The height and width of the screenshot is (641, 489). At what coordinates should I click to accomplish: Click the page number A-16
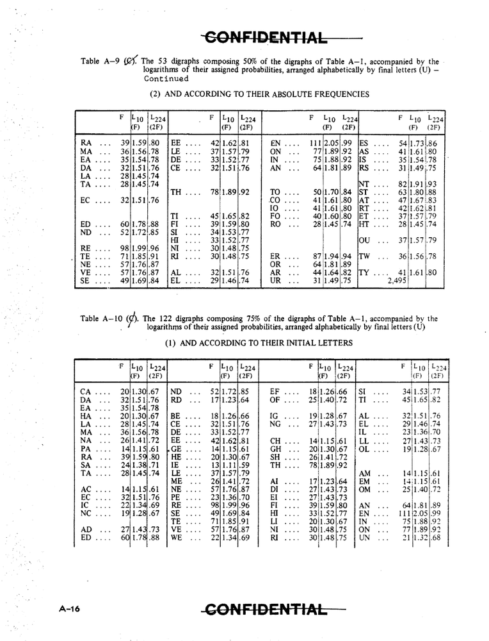(66, 610)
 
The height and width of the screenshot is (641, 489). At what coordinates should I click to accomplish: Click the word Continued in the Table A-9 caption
(166, 79)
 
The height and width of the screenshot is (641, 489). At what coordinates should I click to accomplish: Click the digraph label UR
(277, 280)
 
